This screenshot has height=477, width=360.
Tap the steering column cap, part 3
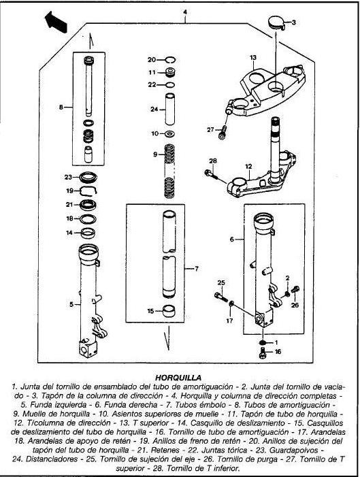coord(276,23)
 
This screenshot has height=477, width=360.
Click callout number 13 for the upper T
coord(253,57)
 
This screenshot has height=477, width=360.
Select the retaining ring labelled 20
coord(170,60)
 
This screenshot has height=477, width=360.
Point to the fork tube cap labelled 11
coord(170,73)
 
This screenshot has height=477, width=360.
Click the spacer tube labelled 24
coord(170,109)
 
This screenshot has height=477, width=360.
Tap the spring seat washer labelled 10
coord(170,133)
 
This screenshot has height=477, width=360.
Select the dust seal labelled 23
coord(88,177)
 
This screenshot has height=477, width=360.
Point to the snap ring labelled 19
coord(88,191)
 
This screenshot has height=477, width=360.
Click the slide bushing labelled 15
coord(170,311)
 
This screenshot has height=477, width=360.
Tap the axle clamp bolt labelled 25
coord(221,297)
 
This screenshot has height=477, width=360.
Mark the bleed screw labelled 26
coord(295,290)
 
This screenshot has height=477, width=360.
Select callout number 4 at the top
coord(184,12)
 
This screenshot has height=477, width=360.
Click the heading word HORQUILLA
coord(178,378)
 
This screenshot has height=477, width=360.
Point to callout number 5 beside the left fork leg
coord(71,304)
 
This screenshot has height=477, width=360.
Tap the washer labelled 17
coord(231,303)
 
